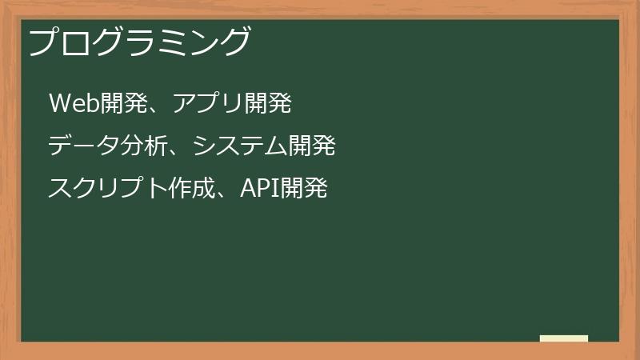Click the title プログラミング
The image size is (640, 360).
pyautogui.click(x=140, y=42)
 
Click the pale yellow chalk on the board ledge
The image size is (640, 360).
pyautogui.click(x=564, y=338)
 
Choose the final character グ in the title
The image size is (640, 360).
pyautogui.click(x=235, y=42)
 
